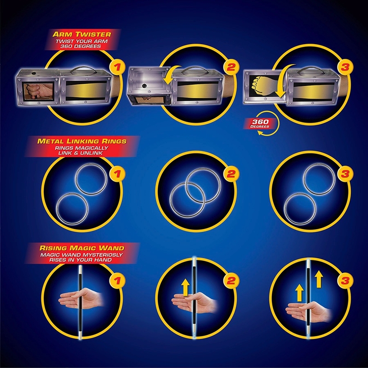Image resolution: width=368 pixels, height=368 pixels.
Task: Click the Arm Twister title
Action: [82, 34]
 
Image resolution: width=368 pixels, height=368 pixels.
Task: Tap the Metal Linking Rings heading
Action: [82, 141]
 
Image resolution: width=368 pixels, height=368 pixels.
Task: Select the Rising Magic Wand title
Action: [82, 248]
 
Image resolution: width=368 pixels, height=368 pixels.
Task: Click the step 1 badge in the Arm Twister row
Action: [117, 67]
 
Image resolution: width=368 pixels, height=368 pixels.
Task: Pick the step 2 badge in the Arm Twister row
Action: [231, 67]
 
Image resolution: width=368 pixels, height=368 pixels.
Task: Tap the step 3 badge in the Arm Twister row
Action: [345, 67]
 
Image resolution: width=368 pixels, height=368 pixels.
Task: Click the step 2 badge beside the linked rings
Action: [231, 174]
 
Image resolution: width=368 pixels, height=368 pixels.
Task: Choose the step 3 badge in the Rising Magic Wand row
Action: [345, 281]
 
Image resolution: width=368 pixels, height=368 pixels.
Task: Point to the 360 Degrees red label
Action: [260, 123]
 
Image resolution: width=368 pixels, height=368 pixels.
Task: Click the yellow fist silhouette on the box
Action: [258, 86]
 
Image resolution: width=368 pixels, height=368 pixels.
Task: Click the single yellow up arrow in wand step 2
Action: [186, 287]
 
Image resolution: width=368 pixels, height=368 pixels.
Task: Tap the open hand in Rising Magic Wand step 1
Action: [81, 299]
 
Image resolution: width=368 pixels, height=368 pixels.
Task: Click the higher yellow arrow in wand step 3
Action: [319, 279]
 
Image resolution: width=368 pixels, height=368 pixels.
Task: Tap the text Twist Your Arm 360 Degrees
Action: [81, 44]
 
